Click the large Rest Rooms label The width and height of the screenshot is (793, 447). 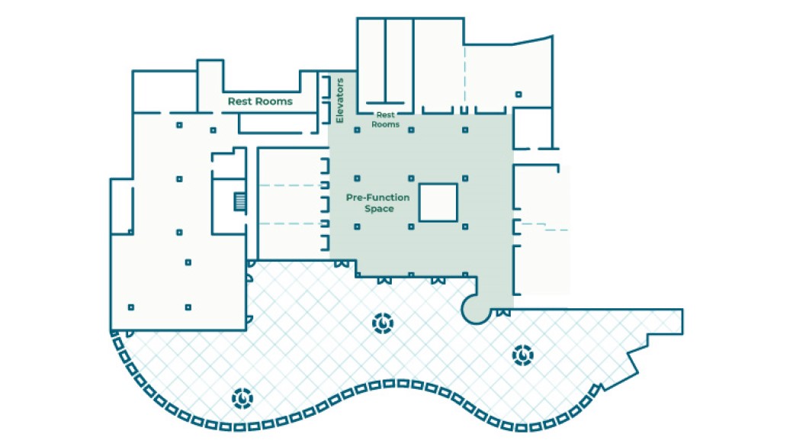(260, 101)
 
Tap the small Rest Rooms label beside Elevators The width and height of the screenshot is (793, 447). (385, 120)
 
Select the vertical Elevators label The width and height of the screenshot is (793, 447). (340, 100)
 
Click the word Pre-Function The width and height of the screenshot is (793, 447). (377, 198)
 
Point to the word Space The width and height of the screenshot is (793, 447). (379, 208)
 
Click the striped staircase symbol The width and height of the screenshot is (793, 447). (240, 202)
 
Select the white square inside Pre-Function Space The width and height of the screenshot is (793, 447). (438, 202)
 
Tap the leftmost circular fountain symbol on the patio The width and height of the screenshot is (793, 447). (242, 397)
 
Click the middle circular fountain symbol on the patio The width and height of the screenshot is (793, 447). (381, 324)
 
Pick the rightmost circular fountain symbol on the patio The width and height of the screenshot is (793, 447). (522, 355)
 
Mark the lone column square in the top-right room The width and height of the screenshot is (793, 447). (518, 95)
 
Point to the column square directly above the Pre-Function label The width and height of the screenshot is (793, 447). (357, 178)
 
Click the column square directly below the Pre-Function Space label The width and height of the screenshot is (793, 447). (357, 226)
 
